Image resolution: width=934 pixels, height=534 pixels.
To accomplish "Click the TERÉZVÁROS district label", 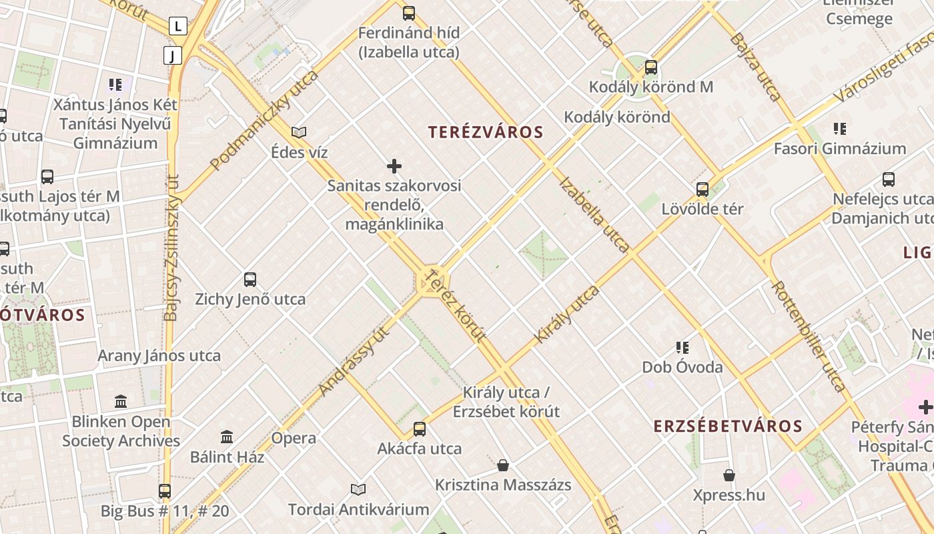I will click(x=486, y=132).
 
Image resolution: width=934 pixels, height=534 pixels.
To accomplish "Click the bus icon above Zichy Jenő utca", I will click(x=250, y=280).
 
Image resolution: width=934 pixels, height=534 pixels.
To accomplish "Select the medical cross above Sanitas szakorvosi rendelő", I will click(x=394, y=166).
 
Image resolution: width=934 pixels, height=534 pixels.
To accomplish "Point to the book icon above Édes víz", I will click(x=299, y=133).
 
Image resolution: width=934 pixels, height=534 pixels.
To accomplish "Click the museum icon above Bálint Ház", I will click(x=227, y=437).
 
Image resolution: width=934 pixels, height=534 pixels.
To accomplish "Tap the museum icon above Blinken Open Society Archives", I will click(x=121, y=402).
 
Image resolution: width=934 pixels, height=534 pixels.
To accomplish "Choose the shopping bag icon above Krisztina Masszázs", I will click(x=503, y=465).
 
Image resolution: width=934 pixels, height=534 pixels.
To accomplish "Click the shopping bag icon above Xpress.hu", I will click(x=729, y=475).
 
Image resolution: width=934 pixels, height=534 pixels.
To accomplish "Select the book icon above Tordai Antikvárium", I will click(x=358, y=490).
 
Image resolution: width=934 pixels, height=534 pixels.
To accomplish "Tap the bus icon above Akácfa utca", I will click(x=419, y=429).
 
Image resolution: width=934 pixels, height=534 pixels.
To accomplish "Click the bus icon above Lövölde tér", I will click(x=703, y=189).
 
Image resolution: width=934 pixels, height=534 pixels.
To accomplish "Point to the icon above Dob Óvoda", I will click(x=682, y=347).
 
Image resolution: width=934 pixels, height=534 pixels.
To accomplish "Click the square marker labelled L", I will click(x=177, y=26).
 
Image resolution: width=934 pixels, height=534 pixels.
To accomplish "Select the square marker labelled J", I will click(x=172, y=55).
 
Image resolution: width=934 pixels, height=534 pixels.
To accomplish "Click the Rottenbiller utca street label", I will click(x=809, y=335).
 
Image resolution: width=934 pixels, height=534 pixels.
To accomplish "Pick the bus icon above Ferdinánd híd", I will click(x=408, y=13).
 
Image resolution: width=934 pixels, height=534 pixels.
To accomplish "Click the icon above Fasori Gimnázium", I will click(x=839, y=129).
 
